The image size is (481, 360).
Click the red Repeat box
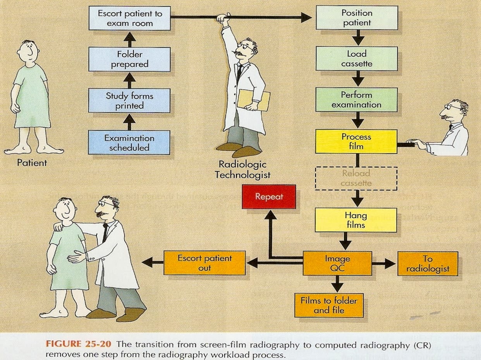(268, 196)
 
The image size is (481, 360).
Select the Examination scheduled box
(129, 142)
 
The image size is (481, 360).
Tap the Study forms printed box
(129, 100)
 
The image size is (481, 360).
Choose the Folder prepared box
(129, 59)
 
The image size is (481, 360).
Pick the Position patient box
(356, 18)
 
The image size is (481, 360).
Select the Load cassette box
(356, 59)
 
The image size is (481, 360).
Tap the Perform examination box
(356, 100)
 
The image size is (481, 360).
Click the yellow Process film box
(356, 141)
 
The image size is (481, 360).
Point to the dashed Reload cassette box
(356, 178)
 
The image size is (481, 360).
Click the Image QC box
(337, 264)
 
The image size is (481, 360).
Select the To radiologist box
(428, 264)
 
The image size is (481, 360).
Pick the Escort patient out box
(204, 263)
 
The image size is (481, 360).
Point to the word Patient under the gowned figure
(32, 163)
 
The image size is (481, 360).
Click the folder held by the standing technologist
(253, 100)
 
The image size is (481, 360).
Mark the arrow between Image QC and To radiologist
(384, 264)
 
